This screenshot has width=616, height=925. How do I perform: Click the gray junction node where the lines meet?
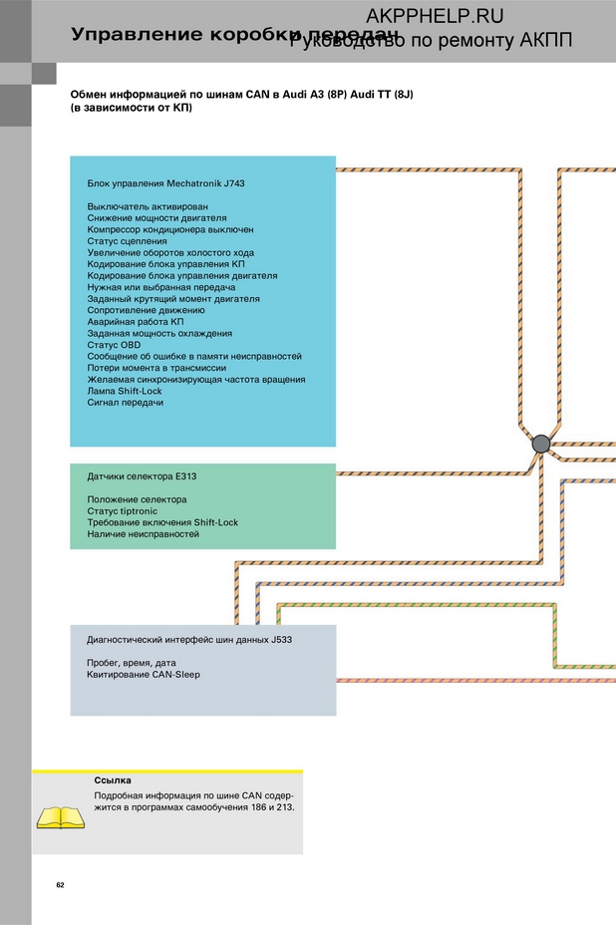[540, 444]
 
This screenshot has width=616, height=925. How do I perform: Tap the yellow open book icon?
[60, 817]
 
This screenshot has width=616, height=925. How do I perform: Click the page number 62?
[60, 885]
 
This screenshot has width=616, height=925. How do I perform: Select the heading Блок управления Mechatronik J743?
[158, 183]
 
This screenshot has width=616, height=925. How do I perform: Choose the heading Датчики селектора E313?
[141, 476]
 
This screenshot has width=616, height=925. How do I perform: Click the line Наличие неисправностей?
[143, 534]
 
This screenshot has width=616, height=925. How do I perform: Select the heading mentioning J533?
[189, 640]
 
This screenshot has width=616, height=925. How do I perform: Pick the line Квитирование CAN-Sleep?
[143, 675]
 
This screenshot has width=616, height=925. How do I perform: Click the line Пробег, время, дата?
[132, 663]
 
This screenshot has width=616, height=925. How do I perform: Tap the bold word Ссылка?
[112, 780]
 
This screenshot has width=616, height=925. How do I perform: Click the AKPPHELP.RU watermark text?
[435, 15]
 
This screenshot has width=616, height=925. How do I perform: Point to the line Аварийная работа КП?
[135, 322]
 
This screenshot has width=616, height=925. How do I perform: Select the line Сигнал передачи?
[125, 403]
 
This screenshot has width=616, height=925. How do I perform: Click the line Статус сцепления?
[127, 241]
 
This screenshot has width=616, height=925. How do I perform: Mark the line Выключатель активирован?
[148, 206]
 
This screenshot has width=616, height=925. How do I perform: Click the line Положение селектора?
[137, 499]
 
